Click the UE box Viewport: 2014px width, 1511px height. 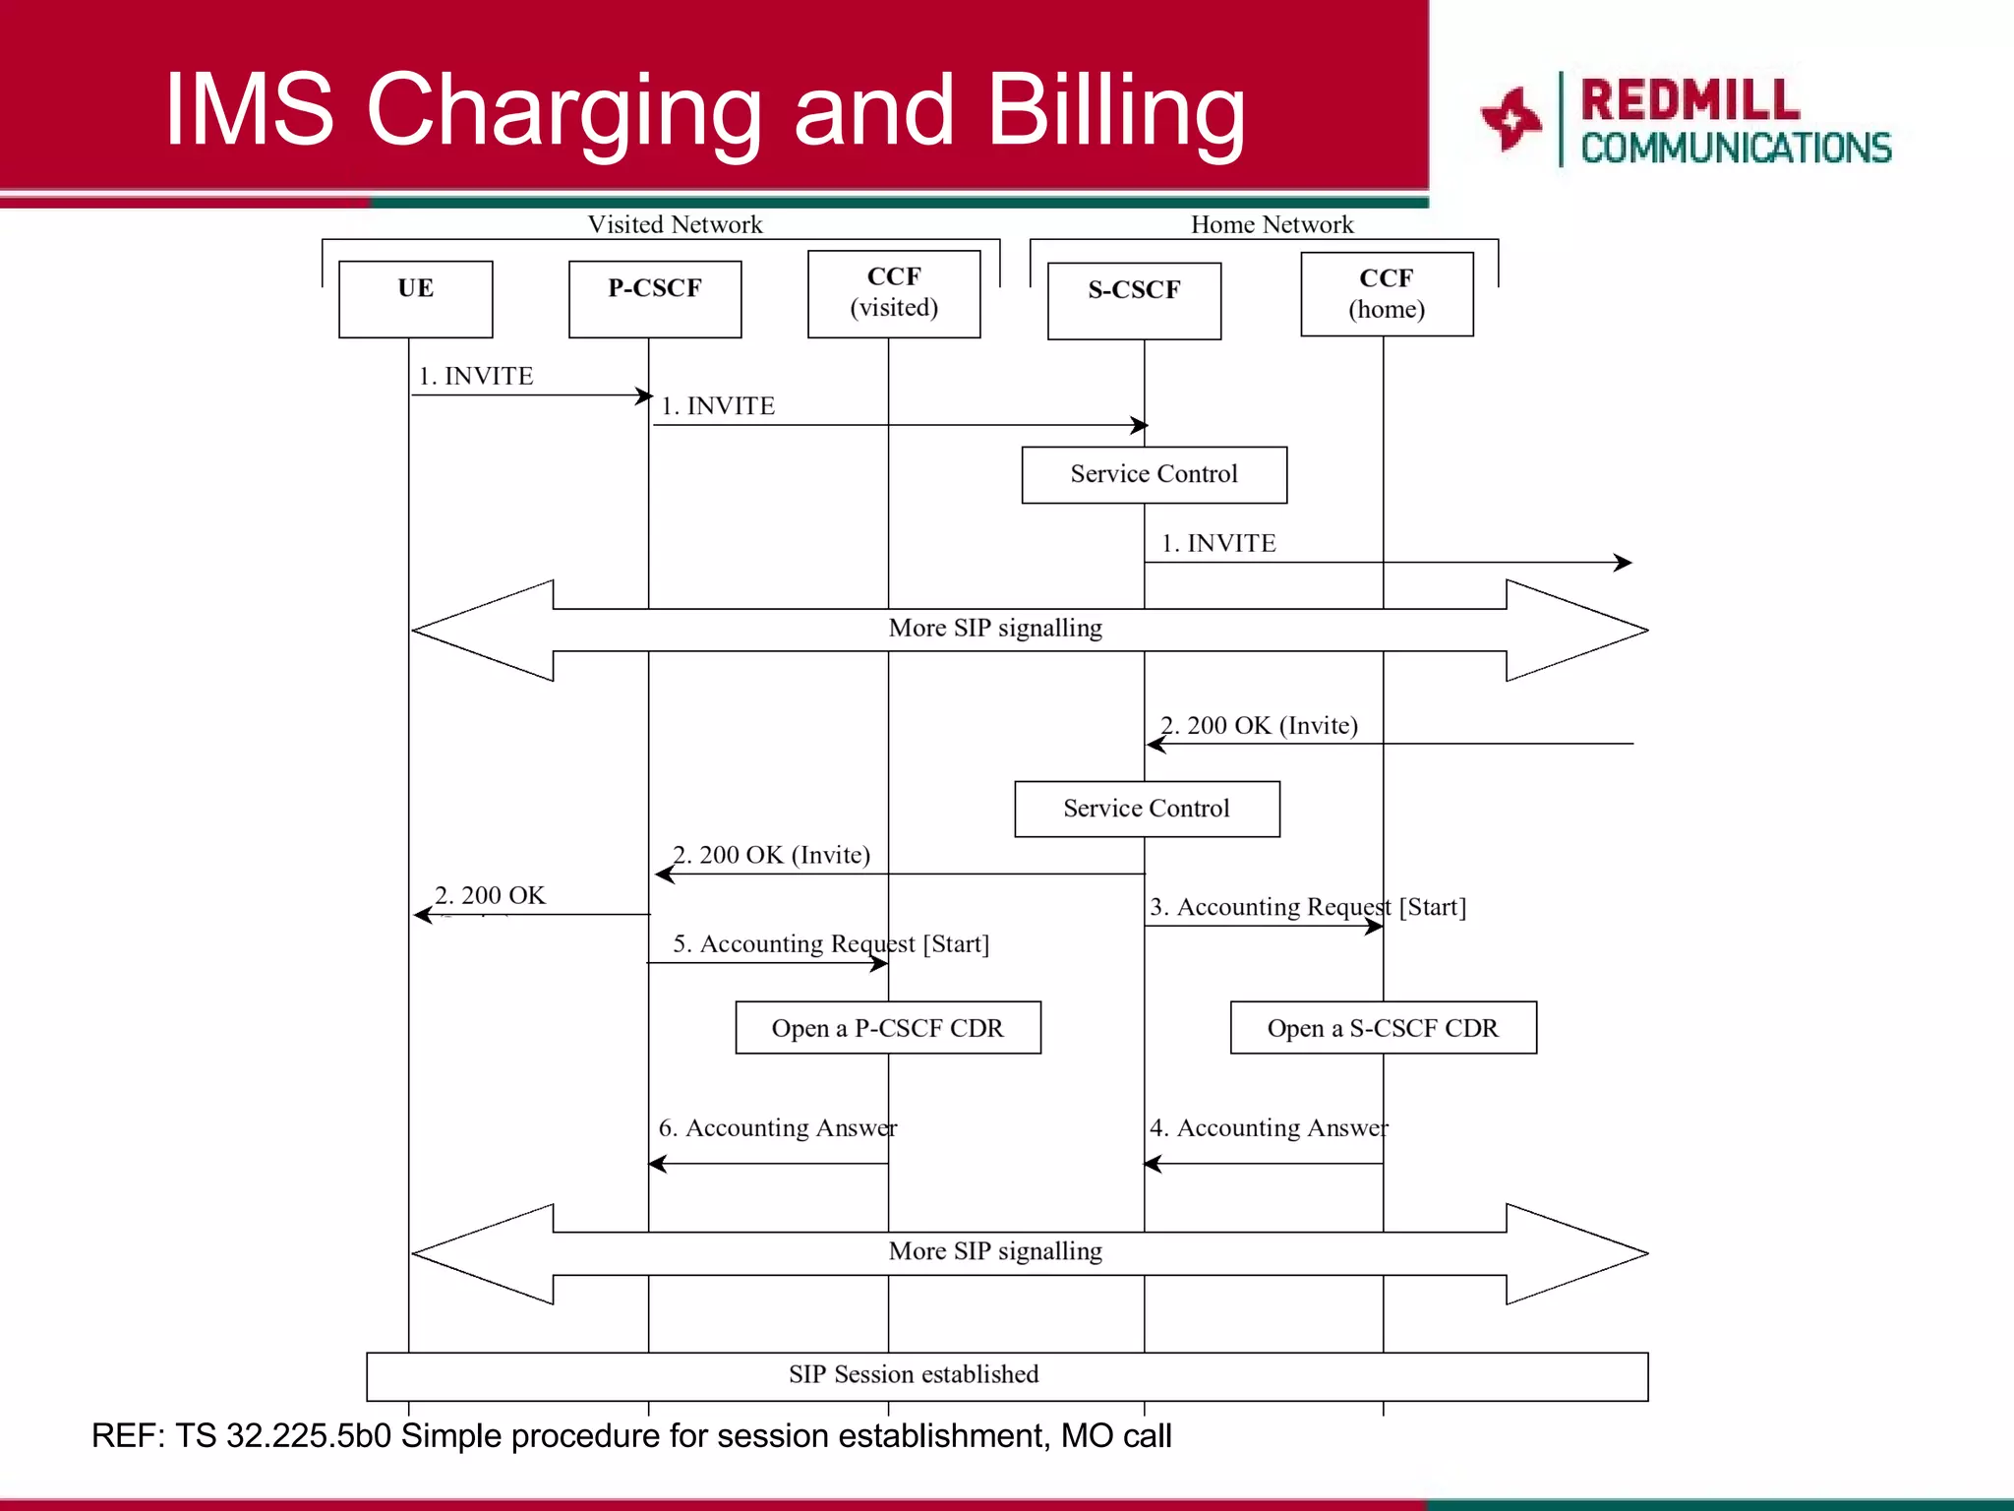(x=415, y=299)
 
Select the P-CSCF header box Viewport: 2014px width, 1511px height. (x=655, y=299)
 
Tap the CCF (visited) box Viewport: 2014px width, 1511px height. (x=894, y=293)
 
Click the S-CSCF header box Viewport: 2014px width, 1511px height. (x=1134, y=300)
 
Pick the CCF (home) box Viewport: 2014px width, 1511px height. (x=1387, y=294)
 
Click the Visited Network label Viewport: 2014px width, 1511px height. (x=675, y=224)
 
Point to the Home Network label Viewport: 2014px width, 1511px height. (x=1272, y=224)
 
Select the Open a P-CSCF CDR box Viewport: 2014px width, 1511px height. (x=887, y=1028)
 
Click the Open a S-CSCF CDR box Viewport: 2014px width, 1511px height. (x=1383, y=1028)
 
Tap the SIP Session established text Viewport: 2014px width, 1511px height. (x=914, y=1374)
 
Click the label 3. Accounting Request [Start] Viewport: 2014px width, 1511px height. (x=1308, y=907)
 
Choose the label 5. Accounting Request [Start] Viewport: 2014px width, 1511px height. (x=831, y=944)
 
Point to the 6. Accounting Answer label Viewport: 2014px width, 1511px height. (x=777, y=1127)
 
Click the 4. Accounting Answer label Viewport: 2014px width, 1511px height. (x=1269, y=1127)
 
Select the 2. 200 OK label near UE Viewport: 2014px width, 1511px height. (x=490, y=895)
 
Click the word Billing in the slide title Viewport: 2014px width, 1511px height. (x=1115, y=110)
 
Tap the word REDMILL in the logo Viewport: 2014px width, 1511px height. (x=1689, y=100)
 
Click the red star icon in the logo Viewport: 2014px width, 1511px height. (x=1511, y=119)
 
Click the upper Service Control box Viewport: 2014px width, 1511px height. (x=1154, y=475)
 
